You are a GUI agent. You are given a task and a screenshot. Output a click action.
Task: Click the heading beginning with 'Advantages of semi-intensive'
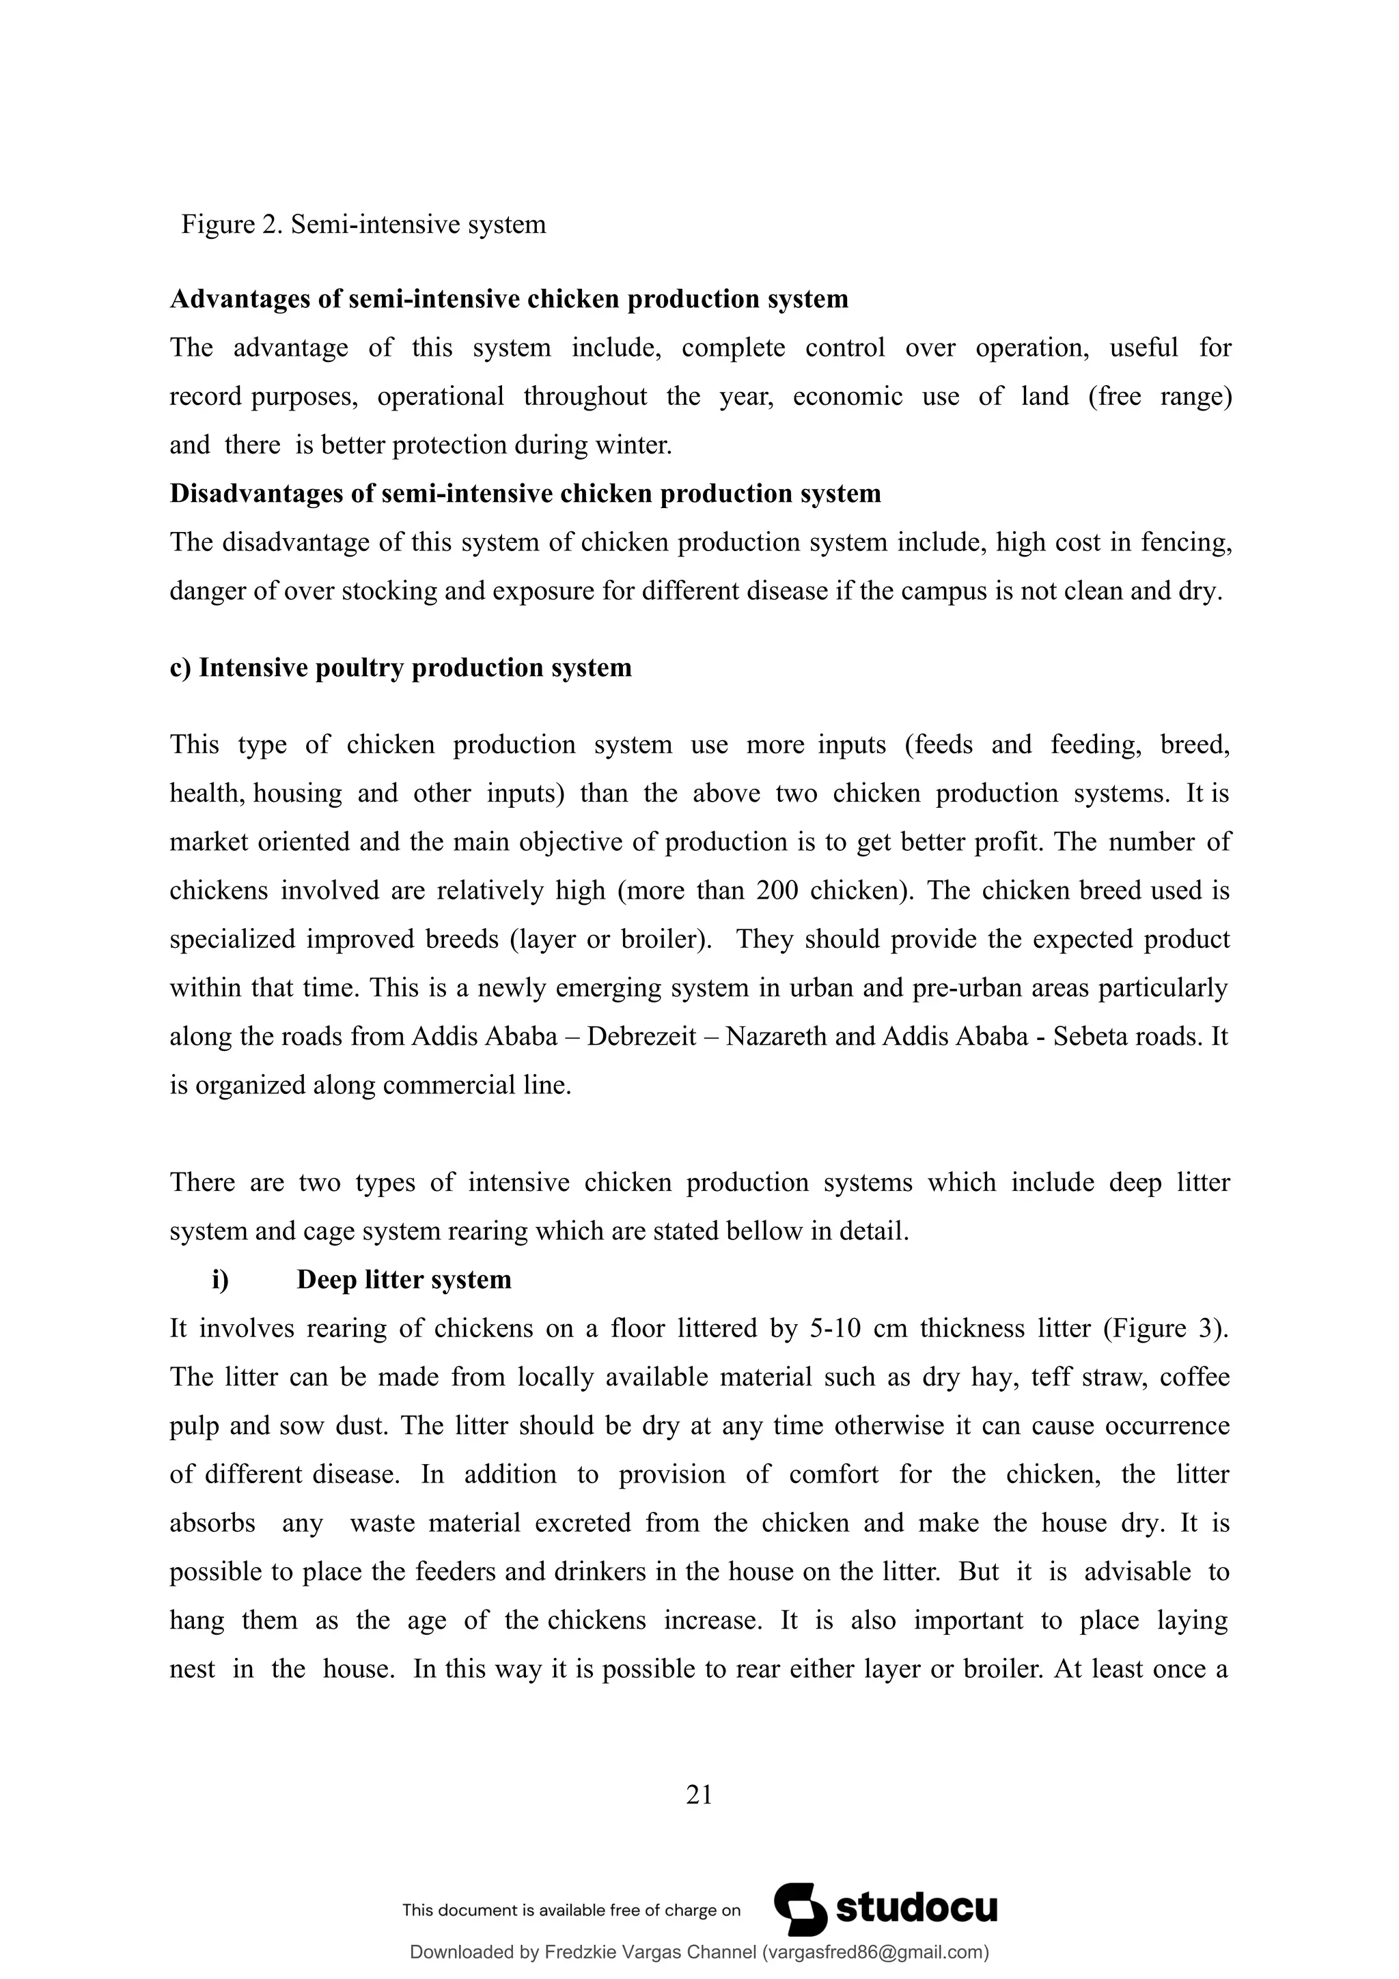[508, 299]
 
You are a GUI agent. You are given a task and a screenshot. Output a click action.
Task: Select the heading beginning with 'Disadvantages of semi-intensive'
[525, 494]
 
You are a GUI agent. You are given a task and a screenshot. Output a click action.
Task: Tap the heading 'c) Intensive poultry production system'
[400, 668]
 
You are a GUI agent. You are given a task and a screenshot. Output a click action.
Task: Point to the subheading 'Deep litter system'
[404, 1280]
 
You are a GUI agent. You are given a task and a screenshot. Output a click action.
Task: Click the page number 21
[699, 1795]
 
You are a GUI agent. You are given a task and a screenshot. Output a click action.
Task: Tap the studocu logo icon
[799, 1909]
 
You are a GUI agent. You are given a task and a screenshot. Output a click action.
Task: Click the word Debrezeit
[641, 1036]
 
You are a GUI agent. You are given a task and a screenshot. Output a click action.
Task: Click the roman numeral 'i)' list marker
[221, 1280]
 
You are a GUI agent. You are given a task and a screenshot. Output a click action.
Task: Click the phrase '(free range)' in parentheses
[1159, 397]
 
